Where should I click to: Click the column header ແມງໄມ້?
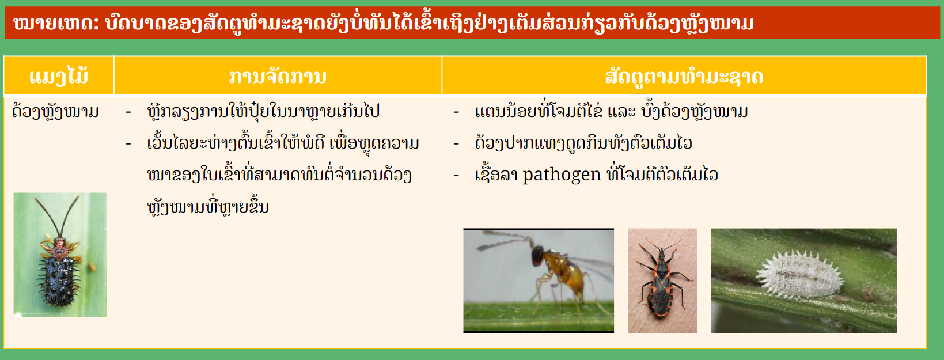pyautogui.click(x=59, y=77)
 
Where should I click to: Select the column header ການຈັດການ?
pyautogui.click(x=278, y=77)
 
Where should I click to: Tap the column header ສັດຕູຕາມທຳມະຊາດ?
pyautogui.click(x=684, y=77)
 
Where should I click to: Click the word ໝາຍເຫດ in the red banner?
pyautogui.click(x=55, y=23)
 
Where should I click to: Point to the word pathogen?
pyautogui.click(x=562, y=175)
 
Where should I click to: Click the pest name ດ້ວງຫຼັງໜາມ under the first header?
pyautogui.click(x=56, y=112)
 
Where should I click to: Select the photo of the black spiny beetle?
pyautogui.click(x=60, y=255)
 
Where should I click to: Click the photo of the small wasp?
pyautogui.click(x=539, y=281)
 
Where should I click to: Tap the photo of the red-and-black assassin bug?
pyautogui.click(x=662, y=281)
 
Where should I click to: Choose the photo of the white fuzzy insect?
pyautogui.click(x=804, y=281)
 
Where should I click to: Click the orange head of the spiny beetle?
pyautogui.click(x=59, y=242)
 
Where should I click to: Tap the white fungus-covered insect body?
pyautogui.click(x=799, y=275)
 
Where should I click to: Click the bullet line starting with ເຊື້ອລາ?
pyautogui.click(x=596, y=175)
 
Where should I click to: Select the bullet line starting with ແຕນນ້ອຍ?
pyautogui.click(x=611, y=112)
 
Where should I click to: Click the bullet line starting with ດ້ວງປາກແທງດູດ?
pyautogui.click(x=583, y=143)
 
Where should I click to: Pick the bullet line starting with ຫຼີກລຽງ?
pyautogui.click(x=263, y=112)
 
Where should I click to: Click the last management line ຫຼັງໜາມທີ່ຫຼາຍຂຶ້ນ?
pyautogui.click(x=208, y=207)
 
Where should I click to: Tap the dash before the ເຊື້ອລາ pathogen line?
pyautogui.click(x=456, y=175)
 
